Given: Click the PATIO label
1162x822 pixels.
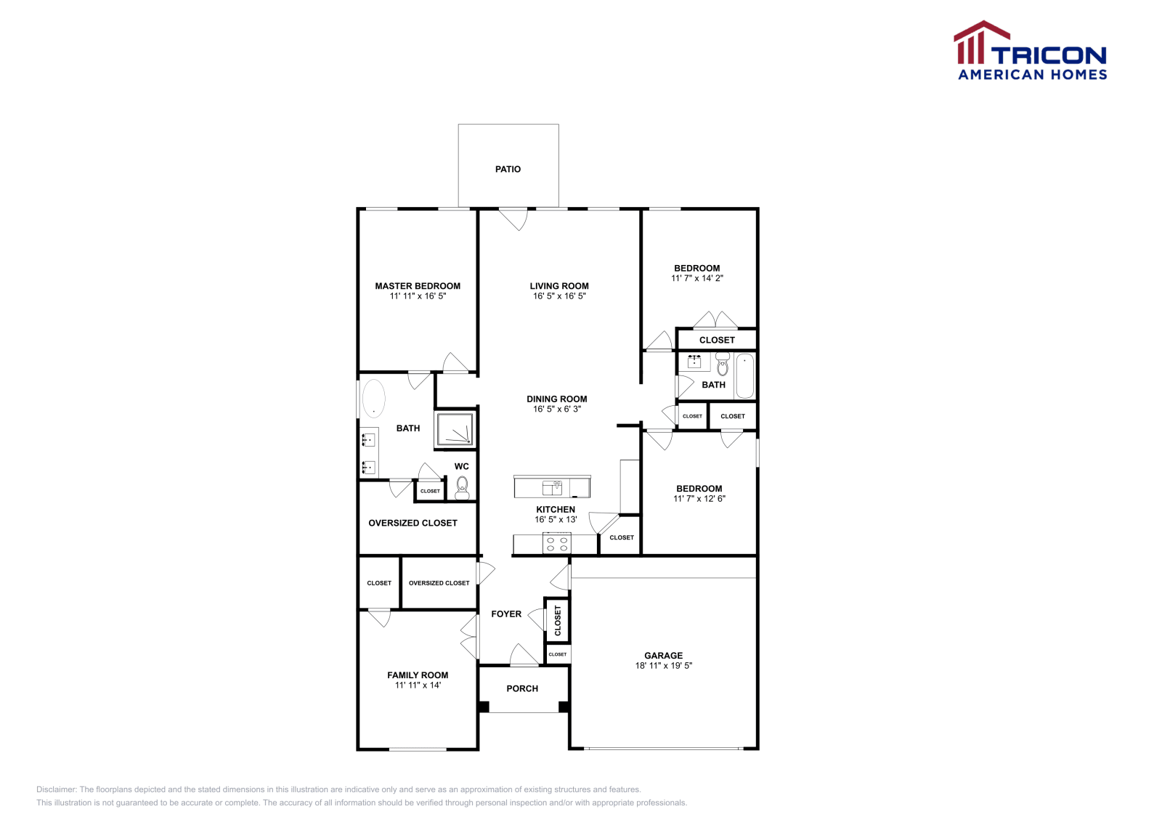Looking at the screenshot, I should click(508, 169).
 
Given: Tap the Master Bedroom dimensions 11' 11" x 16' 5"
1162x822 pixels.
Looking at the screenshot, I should click(418, 296).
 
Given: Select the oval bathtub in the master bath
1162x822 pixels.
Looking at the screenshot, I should click(373, 399).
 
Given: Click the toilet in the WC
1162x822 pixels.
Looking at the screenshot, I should click(462, 486).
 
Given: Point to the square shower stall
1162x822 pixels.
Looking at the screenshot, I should click(455, 429).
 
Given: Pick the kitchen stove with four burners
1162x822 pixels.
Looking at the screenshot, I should click(557, 544).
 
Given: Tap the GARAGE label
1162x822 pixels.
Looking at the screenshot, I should click(663, 655).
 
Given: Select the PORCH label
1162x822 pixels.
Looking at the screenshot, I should click(522, 688).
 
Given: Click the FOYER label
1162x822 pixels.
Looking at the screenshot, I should click(506, 614).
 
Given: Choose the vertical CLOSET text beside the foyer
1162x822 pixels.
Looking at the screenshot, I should click(558, 621).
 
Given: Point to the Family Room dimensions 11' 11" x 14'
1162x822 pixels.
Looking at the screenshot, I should click(418, 685).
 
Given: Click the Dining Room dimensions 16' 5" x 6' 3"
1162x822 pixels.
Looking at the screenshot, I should click(556, 409).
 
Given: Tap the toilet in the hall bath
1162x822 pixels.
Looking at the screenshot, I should click(722, 365).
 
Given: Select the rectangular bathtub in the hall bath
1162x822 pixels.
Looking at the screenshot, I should click(744, 376).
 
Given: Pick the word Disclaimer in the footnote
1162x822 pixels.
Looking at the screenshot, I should click(56, 789).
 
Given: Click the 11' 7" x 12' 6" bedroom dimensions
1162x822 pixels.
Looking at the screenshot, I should click(699, 499).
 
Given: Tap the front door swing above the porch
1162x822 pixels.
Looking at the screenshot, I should click(524, 655).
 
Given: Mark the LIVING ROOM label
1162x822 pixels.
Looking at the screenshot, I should click(558, 286).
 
